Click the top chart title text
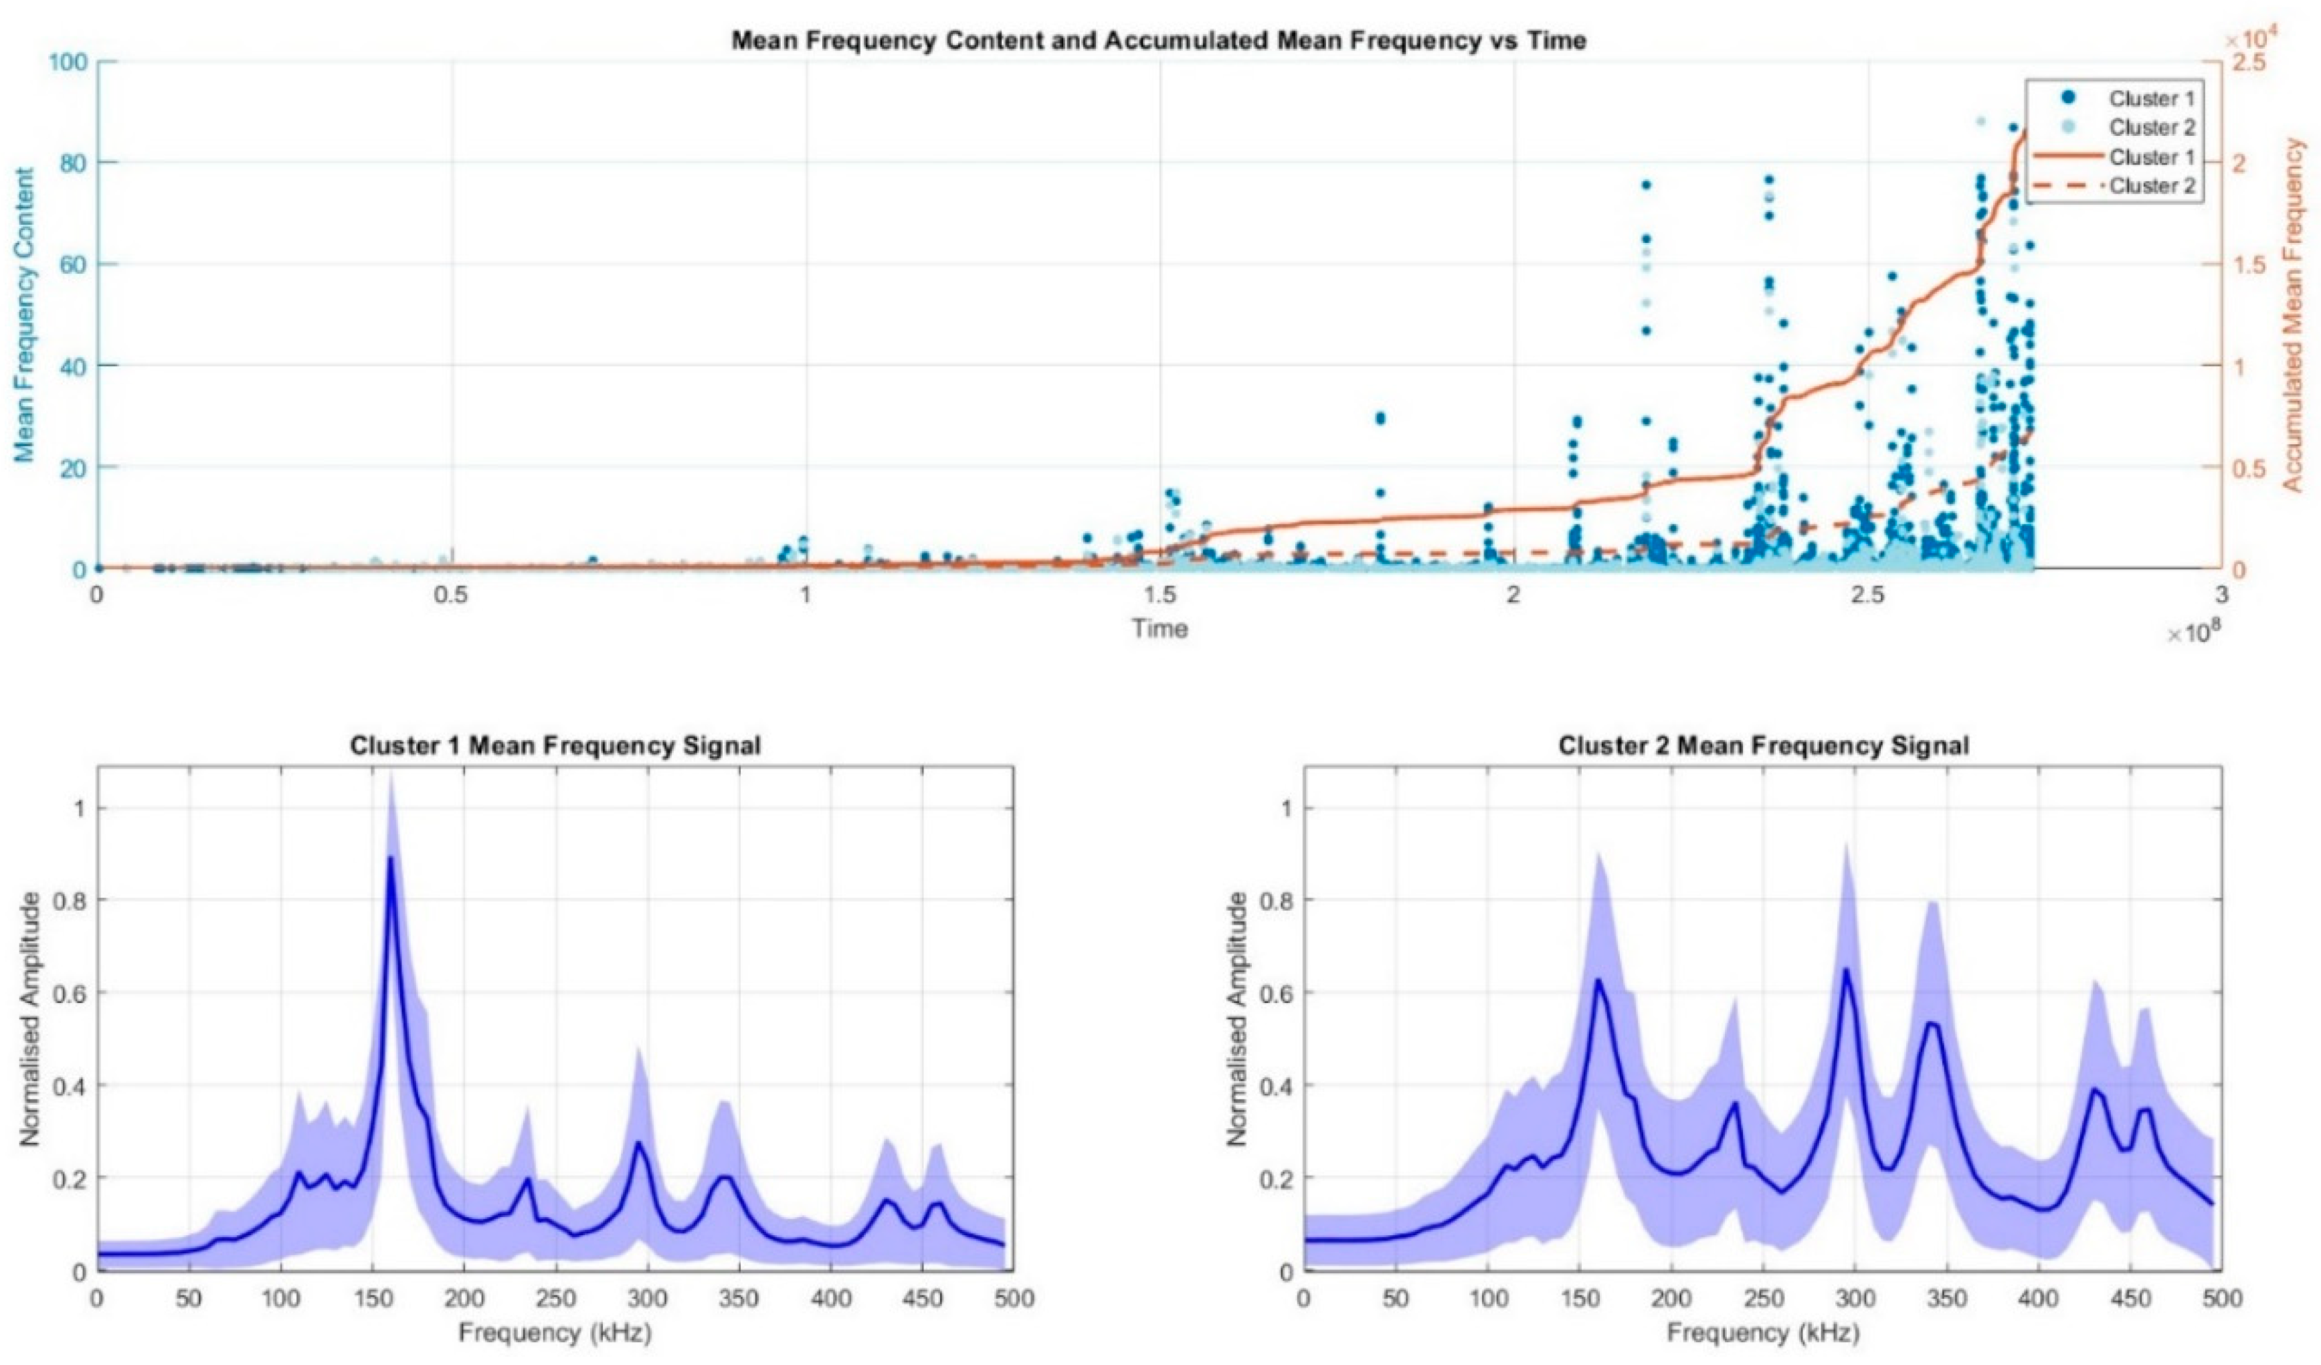(x=1159, y=41)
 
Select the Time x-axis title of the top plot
(x=1159, y=629)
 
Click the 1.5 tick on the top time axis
(x=1159, y=595)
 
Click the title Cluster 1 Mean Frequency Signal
(x=555, y=745)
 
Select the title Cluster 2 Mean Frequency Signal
(x=1763, y=745)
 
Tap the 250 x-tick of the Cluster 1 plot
(x=555, y=1299)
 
